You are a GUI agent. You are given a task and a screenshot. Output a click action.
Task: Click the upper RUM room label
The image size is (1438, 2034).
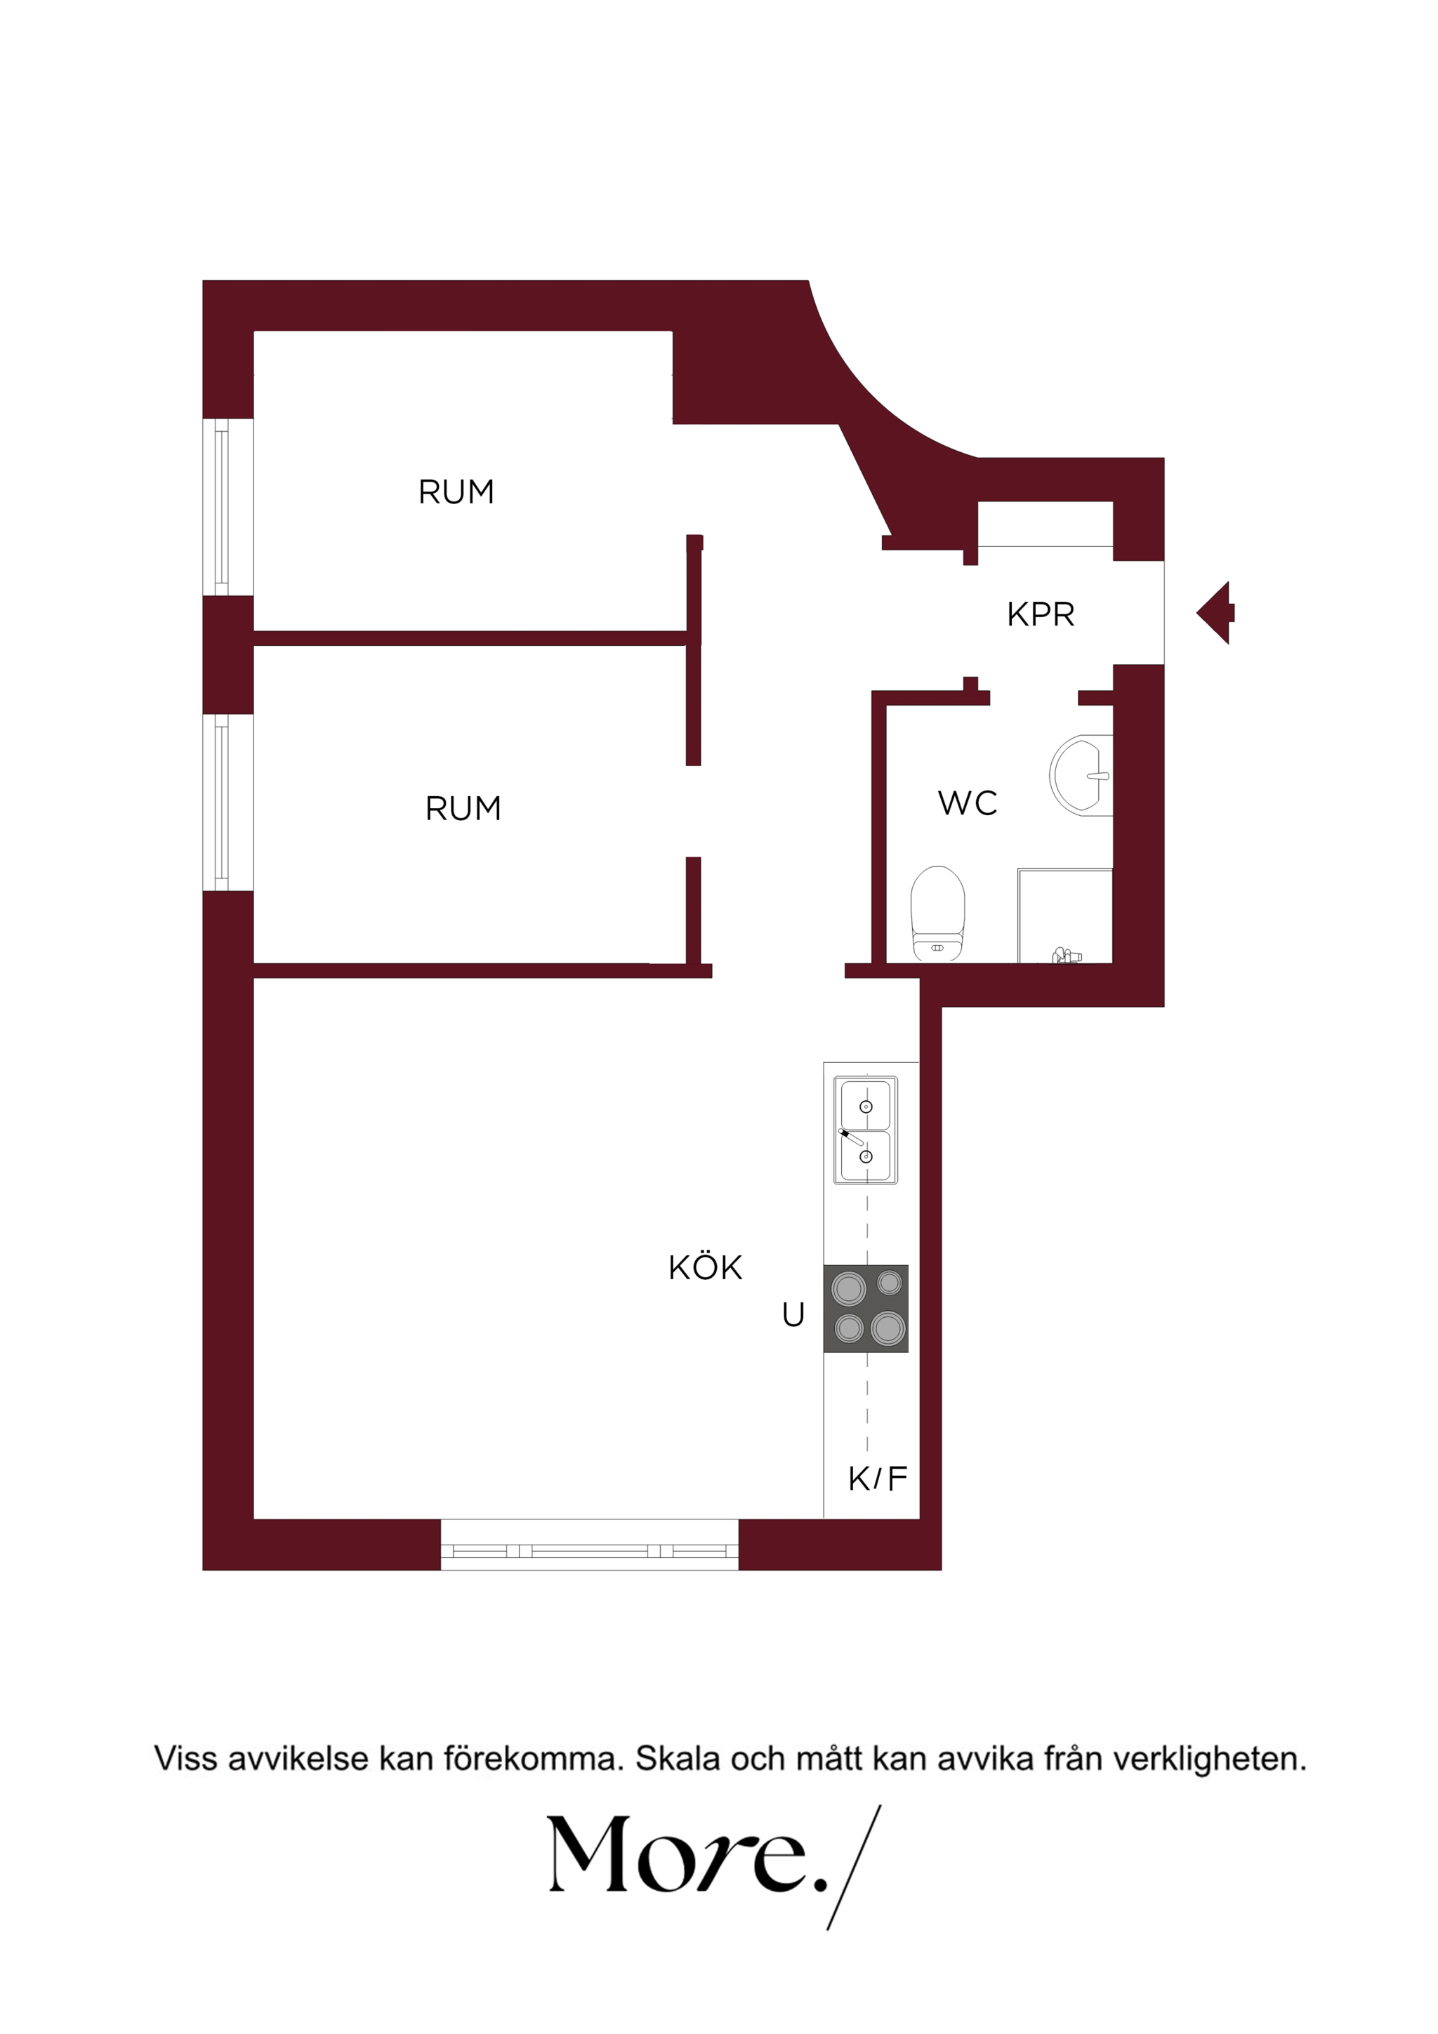(456, 491)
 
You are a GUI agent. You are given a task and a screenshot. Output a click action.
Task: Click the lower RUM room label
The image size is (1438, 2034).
(463, 808)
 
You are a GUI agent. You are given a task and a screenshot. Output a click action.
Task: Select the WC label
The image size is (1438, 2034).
(968, 803)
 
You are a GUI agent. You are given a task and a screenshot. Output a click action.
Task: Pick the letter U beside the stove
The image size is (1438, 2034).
(793, 1314)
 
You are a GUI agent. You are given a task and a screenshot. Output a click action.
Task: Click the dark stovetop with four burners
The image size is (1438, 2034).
(866, 1309)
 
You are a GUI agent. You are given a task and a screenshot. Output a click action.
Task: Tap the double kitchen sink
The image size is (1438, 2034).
(866, 1130)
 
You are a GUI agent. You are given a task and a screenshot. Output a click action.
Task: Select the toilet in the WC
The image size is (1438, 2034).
(937, 913)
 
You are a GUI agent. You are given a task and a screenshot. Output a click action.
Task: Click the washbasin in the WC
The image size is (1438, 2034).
(1081, 774)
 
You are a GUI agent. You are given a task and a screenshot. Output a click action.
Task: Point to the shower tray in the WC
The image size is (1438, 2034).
(1065, 915)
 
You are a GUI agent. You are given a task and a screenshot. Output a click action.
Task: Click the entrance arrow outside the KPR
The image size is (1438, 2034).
(1215, 613)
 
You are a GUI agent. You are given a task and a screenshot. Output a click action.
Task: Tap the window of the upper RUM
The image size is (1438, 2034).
(227, 507)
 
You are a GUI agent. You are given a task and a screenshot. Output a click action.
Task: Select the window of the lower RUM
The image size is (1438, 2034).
(227, 803)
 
